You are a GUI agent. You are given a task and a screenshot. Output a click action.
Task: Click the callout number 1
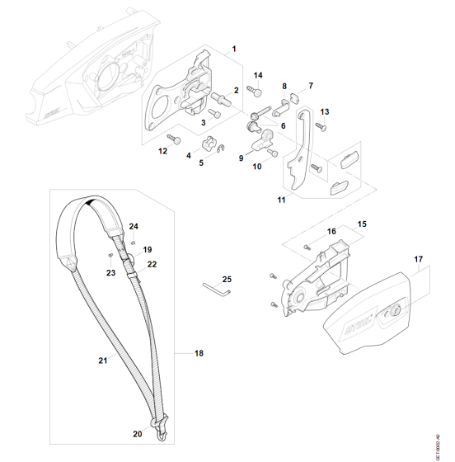click(234, 49)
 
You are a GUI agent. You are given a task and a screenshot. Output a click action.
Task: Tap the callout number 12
click(163, 151)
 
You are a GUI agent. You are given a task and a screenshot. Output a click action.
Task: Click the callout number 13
click(325, 111)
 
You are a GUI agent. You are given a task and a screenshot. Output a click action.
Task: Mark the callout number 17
click(418, 259)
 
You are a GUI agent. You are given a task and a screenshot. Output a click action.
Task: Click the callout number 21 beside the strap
click(103, 361)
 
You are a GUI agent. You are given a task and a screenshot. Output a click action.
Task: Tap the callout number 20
click(138, 432)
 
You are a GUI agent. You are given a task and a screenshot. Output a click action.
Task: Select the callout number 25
click(227, 279)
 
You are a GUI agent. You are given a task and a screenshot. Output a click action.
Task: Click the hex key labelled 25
click(217, 289)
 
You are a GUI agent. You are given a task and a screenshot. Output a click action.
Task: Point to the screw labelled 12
click(174, 137)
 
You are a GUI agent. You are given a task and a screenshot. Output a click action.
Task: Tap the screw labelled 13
click(320, 126)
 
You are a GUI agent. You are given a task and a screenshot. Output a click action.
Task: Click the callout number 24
click(134, 226)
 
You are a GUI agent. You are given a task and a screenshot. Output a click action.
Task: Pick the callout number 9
click(242, 158)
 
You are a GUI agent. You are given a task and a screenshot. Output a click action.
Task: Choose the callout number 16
click(331, 232)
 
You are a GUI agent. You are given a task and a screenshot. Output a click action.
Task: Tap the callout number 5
click(200, 163)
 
